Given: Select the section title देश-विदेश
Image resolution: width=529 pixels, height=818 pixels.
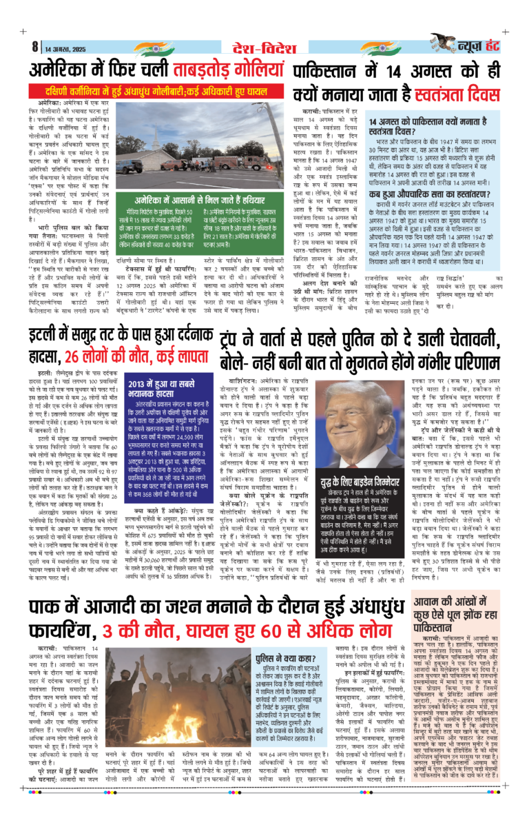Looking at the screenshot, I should click(x=264, y=47).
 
